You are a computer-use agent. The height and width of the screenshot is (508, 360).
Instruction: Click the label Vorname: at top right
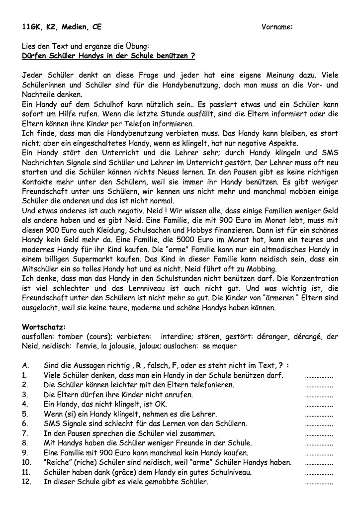point(276,27)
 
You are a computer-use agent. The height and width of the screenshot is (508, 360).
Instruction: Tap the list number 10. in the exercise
point(27,462)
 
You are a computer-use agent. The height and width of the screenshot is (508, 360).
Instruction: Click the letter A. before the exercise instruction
point(25,365)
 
